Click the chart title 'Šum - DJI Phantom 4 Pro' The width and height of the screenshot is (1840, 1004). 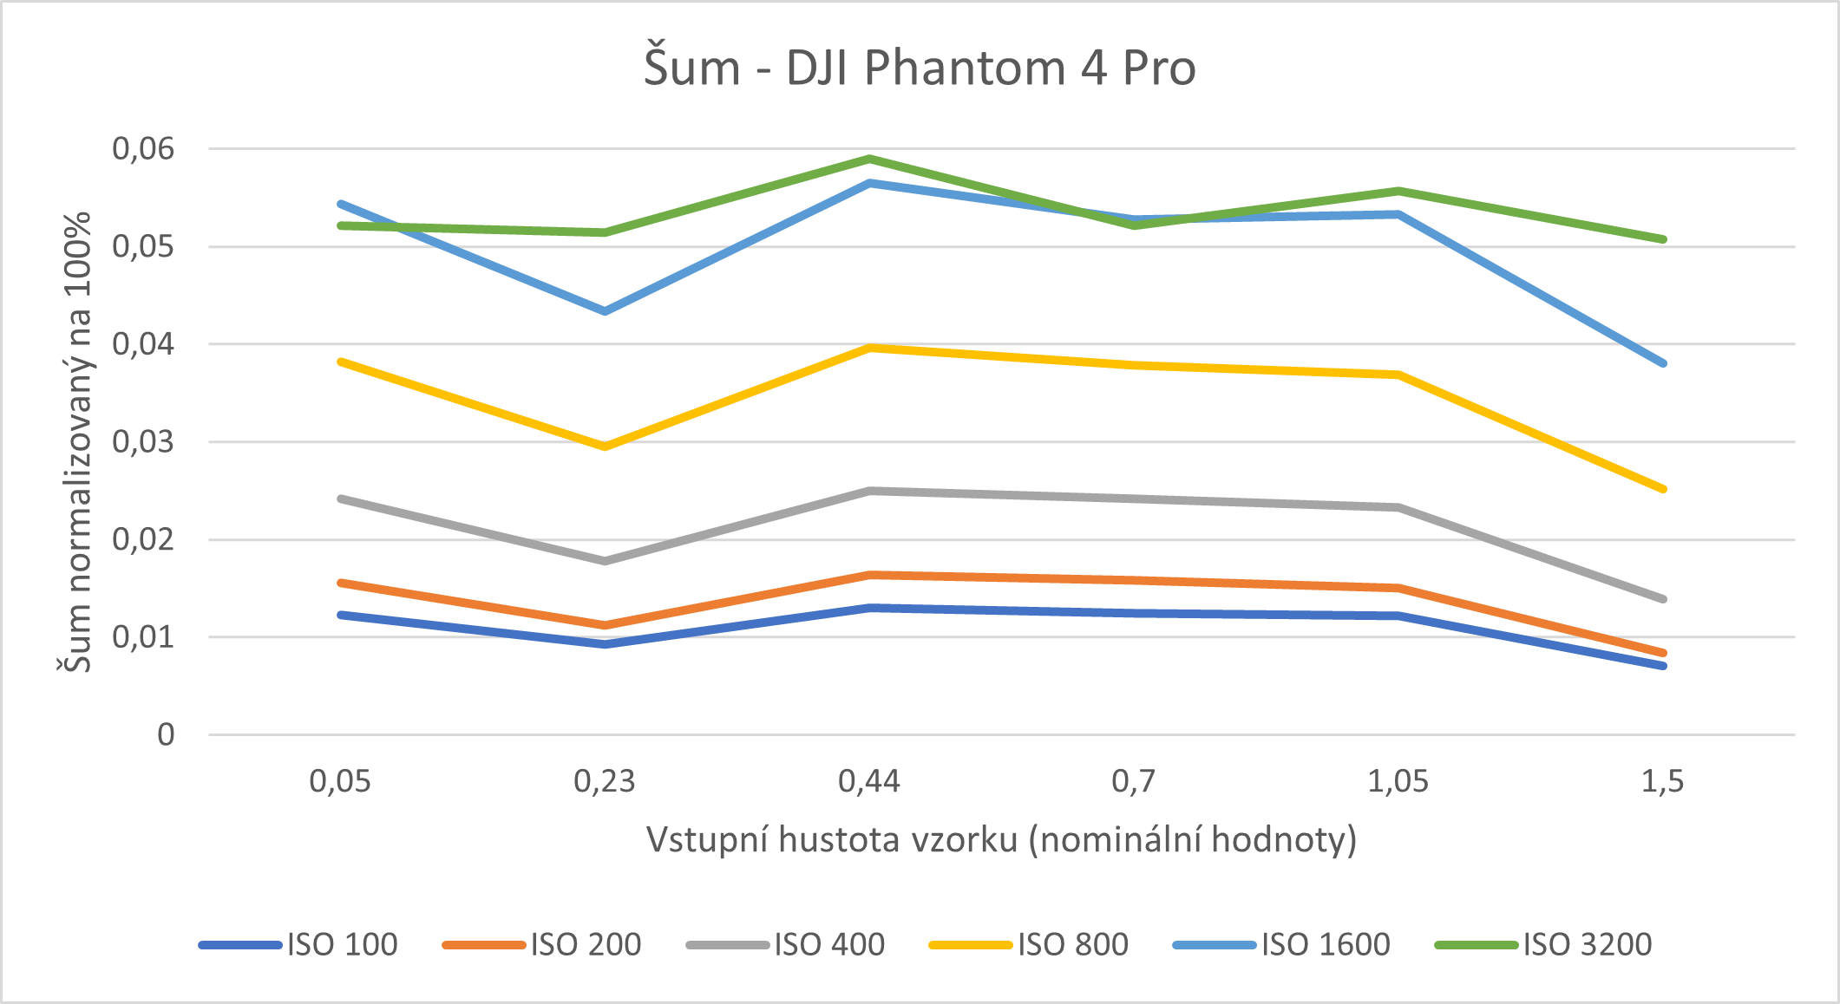click(920, 68)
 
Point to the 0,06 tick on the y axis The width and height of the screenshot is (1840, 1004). click(143, 149)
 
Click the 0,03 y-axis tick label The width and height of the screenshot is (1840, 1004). click(143, 442)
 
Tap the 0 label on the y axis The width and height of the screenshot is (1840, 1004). click(166, 735)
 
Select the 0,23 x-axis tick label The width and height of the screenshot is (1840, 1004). click(605, 782)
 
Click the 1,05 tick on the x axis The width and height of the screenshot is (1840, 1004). click(1398, 782)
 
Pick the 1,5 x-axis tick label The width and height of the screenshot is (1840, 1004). click(1662, 782)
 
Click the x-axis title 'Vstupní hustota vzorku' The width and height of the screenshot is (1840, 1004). click(1001, 839)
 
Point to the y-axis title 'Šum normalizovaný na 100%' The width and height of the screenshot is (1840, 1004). click(76, 442)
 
